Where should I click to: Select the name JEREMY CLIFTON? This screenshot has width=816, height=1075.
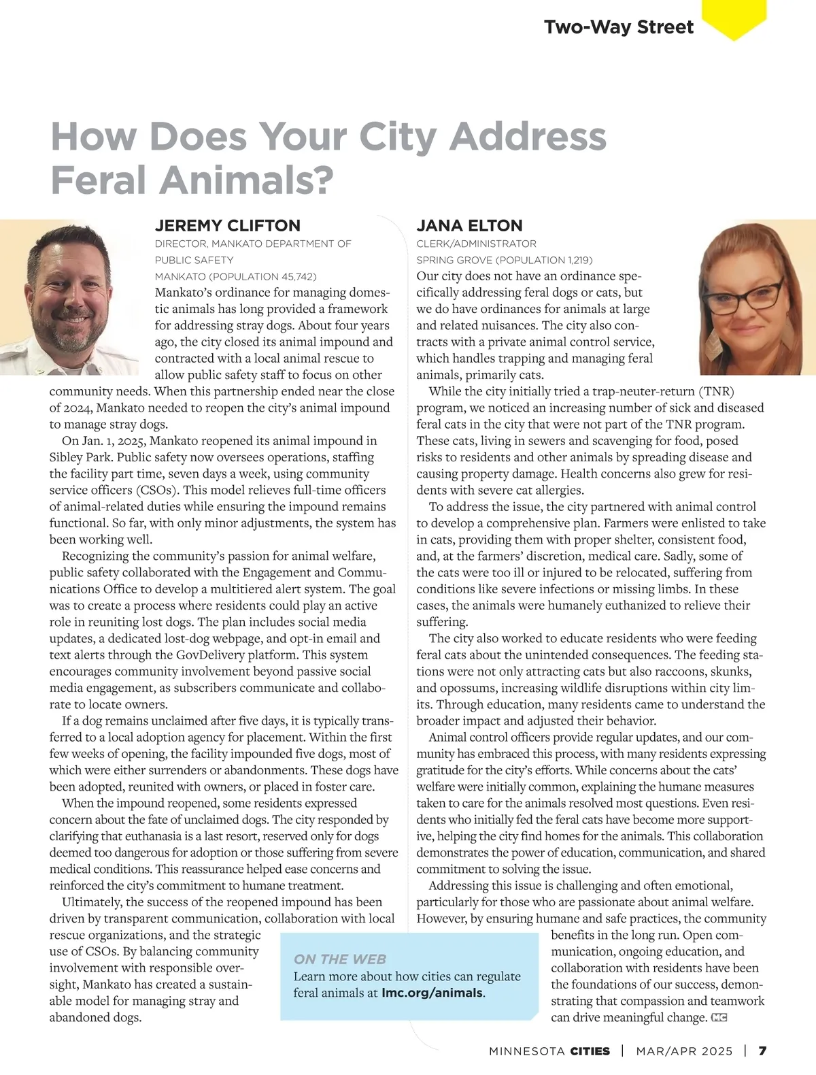point(227,226)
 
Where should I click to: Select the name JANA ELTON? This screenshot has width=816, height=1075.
point(469,226)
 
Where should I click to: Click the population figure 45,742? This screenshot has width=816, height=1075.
point(297,277)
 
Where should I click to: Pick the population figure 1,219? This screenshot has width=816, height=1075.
point(574,261)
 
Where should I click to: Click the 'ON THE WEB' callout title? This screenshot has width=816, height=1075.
point(340,959)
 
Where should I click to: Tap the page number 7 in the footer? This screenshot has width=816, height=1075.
point(762,1051)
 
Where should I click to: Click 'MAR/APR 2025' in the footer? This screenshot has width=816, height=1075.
point(684,1051)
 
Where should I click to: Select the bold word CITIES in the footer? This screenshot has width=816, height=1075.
point(590,1051)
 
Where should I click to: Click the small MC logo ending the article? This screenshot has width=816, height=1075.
point(719,1018)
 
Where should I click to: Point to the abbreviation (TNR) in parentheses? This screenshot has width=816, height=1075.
point(716,391)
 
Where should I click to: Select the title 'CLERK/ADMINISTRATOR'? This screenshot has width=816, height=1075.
point(476,244)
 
